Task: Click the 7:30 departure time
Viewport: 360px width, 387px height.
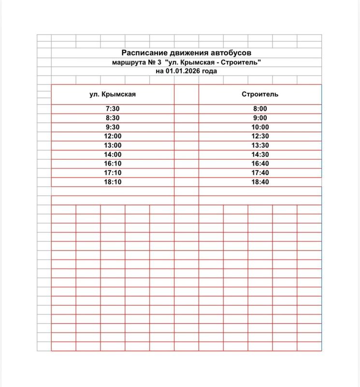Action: click(x=112, y=109)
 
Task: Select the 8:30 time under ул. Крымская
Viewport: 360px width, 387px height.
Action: click(x=112, y=118)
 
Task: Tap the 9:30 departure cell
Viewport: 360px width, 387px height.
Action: click(x=112, y=127)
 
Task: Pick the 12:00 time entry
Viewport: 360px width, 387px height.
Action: click(x=112, y=136)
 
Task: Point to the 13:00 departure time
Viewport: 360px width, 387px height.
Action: click(x=112, y=146)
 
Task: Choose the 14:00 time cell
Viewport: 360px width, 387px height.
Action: click(x=112, y=155)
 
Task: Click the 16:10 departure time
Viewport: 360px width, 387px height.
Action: click(x=112, y=164)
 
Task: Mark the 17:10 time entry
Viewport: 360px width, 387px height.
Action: click(x=112, y=173)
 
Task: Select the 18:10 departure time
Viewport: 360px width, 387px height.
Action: click(x=112, y=182)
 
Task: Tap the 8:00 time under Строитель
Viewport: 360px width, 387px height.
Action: click(x=260, y=109)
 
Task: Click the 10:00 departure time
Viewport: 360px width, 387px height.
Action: click(x=260, y=127)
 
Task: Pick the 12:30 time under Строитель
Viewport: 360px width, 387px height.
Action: click(x=260, y=136)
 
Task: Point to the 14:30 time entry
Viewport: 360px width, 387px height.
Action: click(x=260, y=155)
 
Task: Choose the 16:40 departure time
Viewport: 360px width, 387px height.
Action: click(x=260, y=164)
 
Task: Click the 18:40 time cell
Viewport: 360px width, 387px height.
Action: click(x=260, y=182)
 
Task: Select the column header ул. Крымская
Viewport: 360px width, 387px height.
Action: click(x=112, y=94)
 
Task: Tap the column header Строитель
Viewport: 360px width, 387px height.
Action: click(x=260, y=94)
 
